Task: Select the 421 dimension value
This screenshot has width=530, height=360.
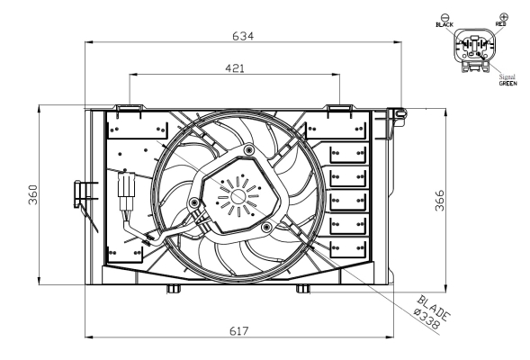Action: click(x=234, y=67)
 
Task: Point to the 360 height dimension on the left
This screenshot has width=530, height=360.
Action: click(x=31, y=196)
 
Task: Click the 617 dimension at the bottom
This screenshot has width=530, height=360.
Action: click(x=238, y=330)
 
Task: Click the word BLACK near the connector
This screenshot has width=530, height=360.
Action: click(x=444, y=25)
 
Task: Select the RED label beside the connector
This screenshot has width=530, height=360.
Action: click(x=501, y=25)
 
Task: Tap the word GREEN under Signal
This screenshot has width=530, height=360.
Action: click(x=508, y=83)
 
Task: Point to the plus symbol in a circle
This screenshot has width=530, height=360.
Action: click(x=502, y=16)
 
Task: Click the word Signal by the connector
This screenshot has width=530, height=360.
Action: click(x=506, y=76)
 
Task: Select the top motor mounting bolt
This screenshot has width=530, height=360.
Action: click(x=247, y=148)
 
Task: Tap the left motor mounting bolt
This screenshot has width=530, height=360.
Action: click(x=194, y=203)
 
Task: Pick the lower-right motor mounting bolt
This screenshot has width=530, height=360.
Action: click(x=267, y=229)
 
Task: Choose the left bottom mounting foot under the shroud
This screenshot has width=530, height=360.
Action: click(x=172, y=289)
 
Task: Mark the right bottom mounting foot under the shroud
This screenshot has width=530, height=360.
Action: click(x=302, y=289)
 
